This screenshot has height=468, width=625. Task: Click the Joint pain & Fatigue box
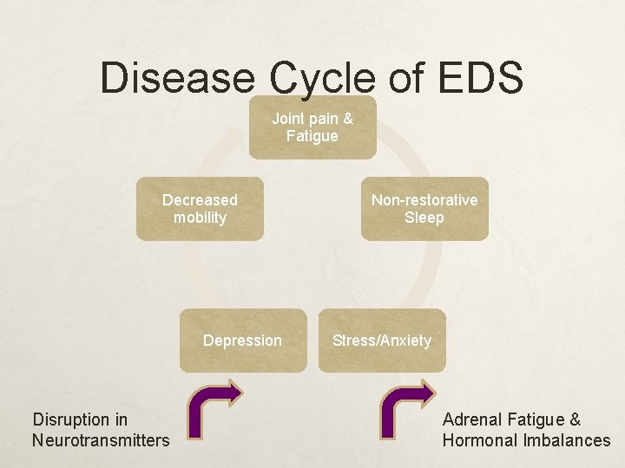pyautogui.click(x=312, y=127)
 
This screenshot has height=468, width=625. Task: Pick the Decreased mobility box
pyautogui.click(x=200, y=209)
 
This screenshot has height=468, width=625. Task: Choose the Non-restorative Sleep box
pyautogui.click(x=424, y=209)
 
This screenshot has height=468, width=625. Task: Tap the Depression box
pyautogui.click(x=243, y=341)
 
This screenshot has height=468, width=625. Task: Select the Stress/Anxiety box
pyautogui.click(x=382, y=341)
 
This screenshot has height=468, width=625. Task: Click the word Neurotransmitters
pyautogui.click(x=101, y=440)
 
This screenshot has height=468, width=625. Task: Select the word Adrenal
pyautogui.click(x=470, y=419)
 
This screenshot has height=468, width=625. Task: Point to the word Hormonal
pyautogui.click(x=480, y=440)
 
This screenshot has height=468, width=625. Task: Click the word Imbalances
pyautogui.click(x=567, y=440)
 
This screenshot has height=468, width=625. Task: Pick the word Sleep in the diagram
pyautogui.click(x=424, y=218)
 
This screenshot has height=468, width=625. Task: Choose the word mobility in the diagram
pyautogui.click(x=200, y=218)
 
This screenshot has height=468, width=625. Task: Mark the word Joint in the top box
pyautogui.click(x=288, y=118)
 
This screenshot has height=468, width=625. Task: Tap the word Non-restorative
pyautogui.click(x=424, y=200)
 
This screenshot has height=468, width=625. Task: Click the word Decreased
pyautogui.click(x=200, y=200)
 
